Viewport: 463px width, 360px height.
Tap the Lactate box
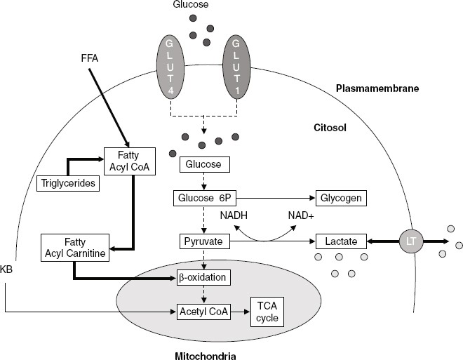342,241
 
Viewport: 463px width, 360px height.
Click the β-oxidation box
203,278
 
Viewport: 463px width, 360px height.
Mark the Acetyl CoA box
203,311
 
